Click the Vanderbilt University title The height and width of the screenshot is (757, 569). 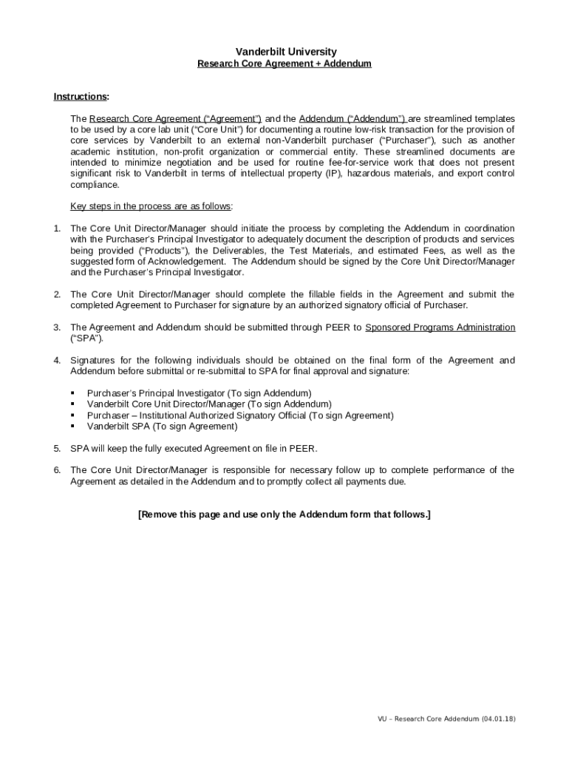coord(285,52)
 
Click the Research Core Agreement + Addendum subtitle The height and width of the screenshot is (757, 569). coord(284,64)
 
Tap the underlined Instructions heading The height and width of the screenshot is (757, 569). coord(81,97)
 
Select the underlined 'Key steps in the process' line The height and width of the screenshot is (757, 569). coord(151,206)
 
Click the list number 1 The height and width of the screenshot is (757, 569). coord(57,228)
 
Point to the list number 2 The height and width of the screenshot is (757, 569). coord(57,294)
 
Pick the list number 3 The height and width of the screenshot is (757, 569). coord(57,327)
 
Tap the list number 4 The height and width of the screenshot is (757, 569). coord(57,361)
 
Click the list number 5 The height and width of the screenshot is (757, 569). coord(57,448)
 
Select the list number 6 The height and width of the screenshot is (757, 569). coord(57,470)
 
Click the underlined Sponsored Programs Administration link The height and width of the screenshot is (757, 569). coord(440,327)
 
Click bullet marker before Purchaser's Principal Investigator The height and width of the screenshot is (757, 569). coord(73,393)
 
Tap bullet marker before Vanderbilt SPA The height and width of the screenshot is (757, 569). coord(73,427)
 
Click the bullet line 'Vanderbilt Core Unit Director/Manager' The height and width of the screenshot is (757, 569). coord(209,404)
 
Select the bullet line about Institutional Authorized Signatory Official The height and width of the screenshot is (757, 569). coord(240,415)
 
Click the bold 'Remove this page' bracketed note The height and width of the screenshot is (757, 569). coord(284,515)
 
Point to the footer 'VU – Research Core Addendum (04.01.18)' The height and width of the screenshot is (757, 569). coord(446,719)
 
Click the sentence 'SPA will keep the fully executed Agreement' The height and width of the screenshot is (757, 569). coord(194,448)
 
